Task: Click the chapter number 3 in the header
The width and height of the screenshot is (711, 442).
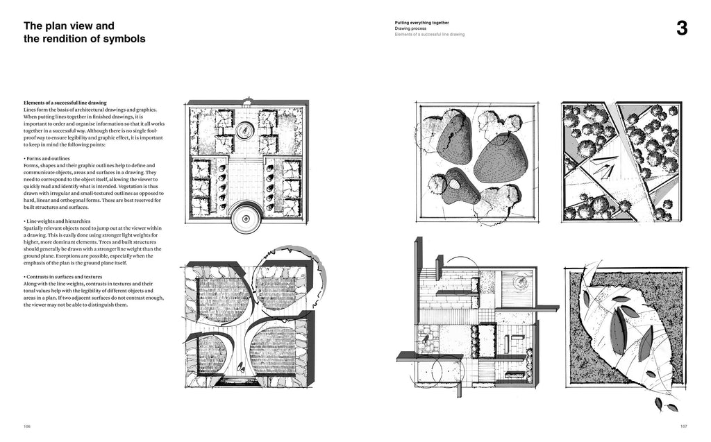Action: [682, 28]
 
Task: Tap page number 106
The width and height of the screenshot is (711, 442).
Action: [27, 426]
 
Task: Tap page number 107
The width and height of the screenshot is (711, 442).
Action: [683, 426]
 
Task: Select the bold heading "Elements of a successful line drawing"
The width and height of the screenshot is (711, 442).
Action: [65, 103]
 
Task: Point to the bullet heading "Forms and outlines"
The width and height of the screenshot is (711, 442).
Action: [53, 158]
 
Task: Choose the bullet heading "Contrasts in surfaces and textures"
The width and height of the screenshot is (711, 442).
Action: [69, 276]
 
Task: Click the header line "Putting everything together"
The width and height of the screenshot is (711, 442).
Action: [421, 22]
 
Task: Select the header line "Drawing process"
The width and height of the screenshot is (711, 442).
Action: [411, 28]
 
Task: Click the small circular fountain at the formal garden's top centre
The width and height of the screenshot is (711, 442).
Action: [245, 130]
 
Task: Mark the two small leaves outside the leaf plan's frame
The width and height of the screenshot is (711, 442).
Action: [664, 404]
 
